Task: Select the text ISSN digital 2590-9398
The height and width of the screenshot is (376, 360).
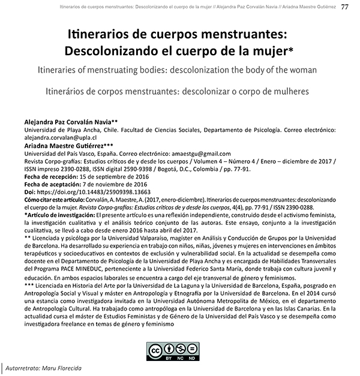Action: point(108,169)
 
